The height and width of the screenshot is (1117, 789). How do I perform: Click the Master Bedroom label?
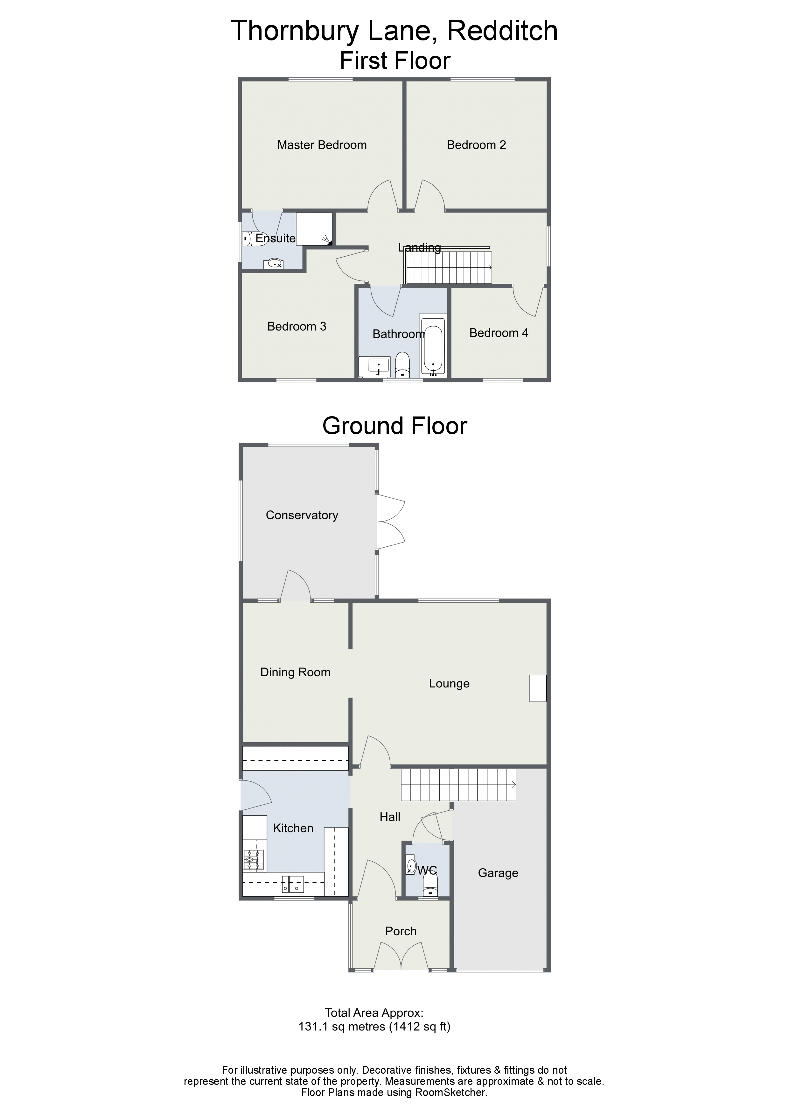pyautogui.click(x=322, y=145)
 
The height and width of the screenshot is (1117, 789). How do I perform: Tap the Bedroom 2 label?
pyautogui.click(x=476, y=145)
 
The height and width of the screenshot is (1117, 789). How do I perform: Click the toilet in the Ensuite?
pyautogui.click(x=247, y=238)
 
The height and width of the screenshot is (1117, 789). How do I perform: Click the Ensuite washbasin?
pyautogui.click(x=273, y=264)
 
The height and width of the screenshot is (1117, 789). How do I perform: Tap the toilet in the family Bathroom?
pyautogui.click(x=402, y=365)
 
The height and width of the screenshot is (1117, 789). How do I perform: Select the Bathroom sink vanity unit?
pyautogui.click(x=374, y=367)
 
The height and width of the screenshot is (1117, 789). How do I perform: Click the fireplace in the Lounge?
pyautogui.click(x=538, y=688)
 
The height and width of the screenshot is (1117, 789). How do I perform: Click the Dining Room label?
pyautogui.click(x=296, y=672)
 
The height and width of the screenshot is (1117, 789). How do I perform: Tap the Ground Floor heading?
pyautogui.click(x=395, y=426)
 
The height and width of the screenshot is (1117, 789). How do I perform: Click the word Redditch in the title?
pyautogui.click(x=502, y=31)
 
